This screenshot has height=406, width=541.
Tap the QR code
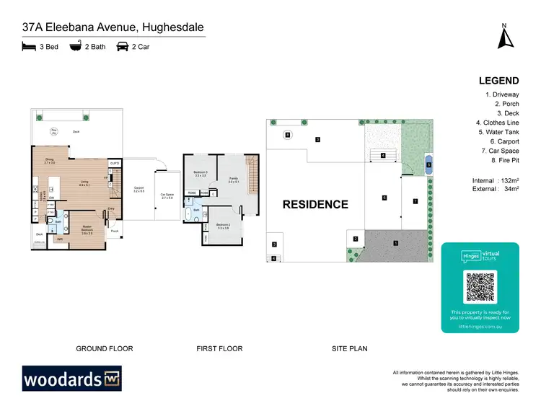(480, 288)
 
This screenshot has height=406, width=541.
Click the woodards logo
(71, 378)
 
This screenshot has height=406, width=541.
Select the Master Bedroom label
(87, 231)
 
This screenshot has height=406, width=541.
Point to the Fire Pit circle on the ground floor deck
(54, 131)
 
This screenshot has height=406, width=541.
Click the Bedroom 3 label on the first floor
(201, 173)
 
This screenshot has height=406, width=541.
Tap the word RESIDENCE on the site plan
(315, 204)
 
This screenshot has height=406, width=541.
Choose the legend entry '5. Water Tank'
(498, 132)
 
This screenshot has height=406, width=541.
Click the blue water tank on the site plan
(429, 164)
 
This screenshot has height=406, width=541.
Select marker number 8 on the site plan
(287, 135)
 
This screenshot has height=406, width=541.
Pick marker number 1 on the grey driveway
(395, 243)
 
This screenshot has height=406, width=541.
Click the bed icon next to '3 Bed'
(28, 47)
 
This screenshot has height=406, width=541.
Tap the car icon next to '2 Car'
(123, 47)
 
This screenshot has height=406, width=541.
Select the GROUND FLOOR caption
(105, 348)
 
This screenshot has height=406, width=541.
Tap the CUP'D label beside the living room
(114, 164)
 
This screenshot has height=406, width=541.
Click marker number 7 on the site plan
(415, 201)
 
